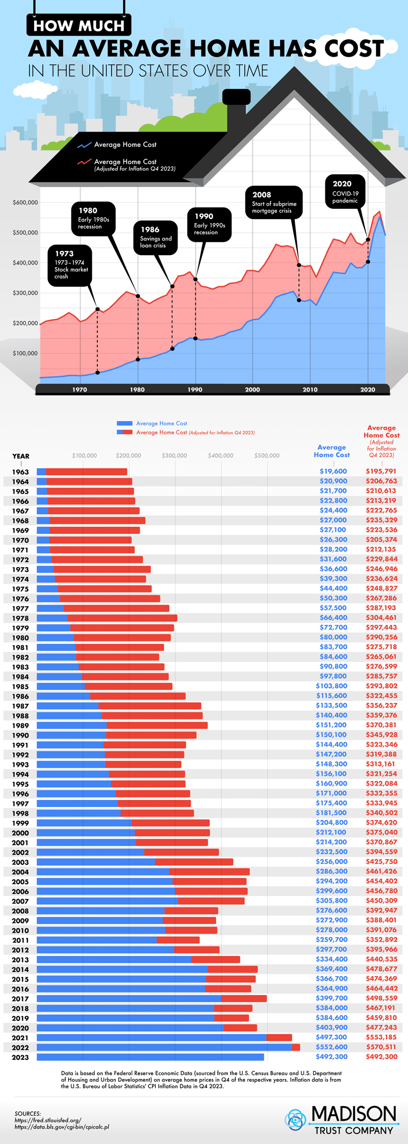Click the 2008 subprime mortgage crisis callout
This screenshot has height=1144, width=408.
pos(274,203)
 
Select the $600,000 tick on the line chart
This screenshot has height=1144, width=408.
pos(25,203)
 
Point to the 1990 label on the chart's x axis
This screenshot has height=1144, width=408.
pos(195,390)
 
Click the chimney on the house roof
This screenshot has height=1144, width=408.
pos(236,108)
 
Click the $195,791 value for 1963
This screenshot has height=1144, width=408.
pos(381,471)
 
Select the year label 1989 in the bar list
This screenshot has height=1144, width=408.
pos(20,725)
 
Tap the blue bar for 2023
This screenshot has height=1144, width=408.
pos(150,1057)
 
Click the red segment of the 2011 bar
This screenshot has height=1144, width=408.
pos(178,940)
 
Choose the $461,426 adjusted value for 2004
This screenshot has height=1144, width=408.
pos(381,871)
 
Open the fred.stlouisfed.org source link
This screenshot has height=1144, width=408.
pos(48,1120)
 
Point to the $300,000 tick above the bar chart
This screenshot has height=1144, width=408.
pos(174,455)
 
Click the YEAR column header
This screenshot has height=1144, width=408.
pos(21,456)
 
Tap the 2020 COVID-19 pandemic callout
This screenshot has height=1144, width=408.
pos(345,191)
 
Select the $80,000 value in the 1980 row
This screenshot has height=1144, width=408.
pos(333,637)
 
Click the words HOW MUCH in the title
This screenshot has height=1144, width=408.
pos(79,26)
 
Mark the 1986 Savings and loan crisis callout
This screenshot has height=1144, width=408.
pos(156,237)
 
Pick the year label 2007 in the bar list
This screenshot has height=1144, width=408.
pos(20,901)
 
